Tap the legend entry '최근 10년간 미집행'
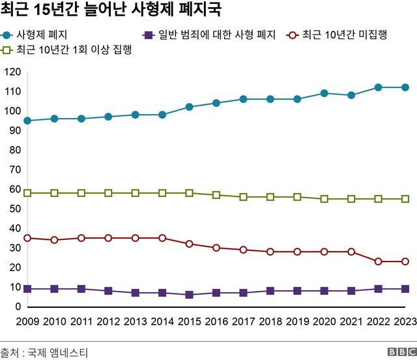click(340, 35)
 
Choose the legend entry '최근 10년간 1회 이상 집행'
click(70, 50)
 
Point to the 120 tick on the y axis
click(12, 72)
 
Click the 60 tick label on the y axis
click(14, 189)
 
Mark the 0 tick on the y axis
click(18, 307)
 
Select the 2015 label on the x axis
click(189, 321)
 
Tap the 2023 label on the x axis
click(404, 321)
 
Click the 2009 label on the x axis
click(27, 321)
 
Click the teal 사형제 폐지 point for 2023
click(405, 87)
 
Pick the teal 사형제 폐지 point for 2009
click(27, 121)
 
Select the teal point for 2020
click(324, 93)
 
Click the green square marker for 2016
click(216, 195)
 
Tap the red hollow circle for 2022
click(378, 262)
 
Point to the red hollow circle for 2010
click(54, 240)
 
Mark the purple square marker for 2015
click(189, 295)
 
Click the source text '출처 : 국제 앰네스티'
click(44, 353)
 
